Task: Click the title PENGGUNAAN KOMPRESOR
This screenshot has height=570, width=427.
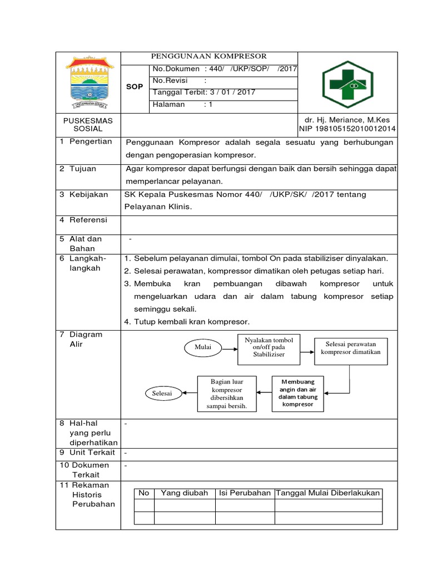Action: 210,56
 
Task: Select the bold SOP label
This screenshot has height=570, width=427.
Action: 135,87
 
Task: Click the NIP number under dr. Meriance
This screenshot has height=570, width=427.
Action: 347,129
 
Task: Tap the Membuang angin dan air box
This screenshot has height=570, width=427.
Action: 297,392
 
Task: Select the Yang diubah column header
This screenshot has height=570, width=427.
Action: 185,493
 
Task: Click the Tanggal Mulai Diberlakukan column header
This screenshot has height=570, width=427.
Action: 329,493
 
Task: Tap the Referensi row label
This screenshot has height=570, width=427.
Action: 87,220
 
